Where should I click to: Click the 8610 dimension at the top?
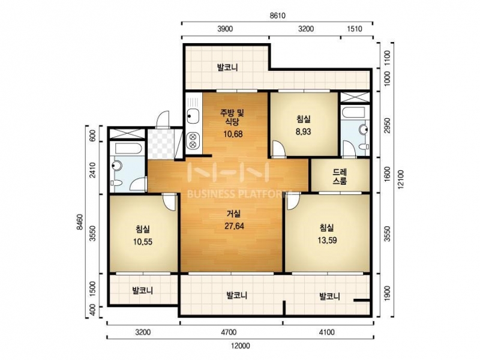coord(277,16)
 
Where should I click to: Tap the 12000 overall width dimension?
coord(241,346)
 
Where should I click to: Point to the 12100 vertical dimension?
coord(401,179)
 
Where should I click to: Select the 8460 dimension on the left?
coord(80,222)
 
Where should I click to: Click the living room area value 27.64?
coord(234,226)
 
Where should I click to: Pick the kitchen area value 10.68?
coord(233,134)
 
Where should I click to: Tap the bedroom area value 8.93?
coord(304,131)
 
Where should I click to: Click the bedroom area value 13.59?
coord(327,241)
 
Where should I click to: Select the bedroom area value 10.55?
coord(143,242)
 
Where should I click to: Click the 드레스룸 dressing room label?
coord(340,177)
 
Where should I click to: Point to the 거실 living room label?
coord(234,214)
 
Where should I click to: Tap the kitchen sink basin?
coord(193,116)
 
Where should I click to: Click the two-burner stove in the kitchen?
coord(193,141)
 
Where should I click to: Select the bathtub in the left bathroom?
coord(128,149)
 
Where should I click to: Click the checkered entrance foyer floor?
coord(161,144)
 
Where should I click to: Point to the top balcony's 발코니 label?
coord(227,67)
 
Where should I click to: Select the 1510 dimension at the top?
coord(355,29)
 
